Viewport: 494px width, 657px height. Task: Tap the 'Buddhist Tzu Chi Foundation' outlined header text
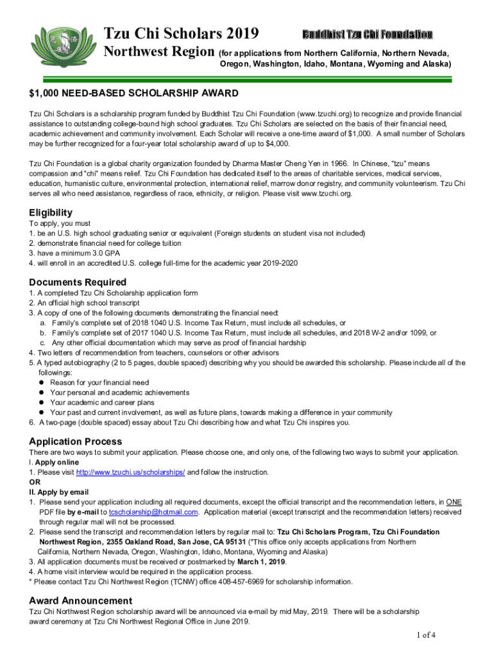[x=367, y=34]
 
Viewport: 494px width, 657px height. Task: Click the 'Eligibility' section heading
[x=51, y=212]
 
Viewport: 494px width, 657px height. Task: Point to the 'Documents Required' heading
[x=78, y=282]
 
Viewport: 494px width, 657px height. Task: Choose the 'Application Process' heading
[x=76, y=441]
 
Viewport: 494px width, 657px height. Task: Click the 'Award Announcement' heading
[x=81, y=601]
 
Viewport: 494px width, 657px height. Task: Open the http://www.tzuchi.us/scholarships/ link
[x=130, y=472]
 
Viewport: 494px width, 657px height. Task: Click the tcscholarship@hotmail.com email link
[x=153, y=512]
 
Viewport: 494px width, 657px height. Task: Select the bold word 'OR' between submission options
[x=35, y=482]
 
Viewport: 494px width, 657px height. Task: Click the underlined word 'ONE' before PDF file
[x=454, y=502]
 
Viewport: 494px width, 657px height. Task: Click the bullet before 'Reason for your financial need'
[x=42, y=382]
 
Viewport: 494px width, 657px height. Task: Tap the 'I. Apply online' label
[x=54, y=462]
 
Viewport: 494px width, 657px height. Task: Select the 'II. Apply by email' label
[x=59, y=492]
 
